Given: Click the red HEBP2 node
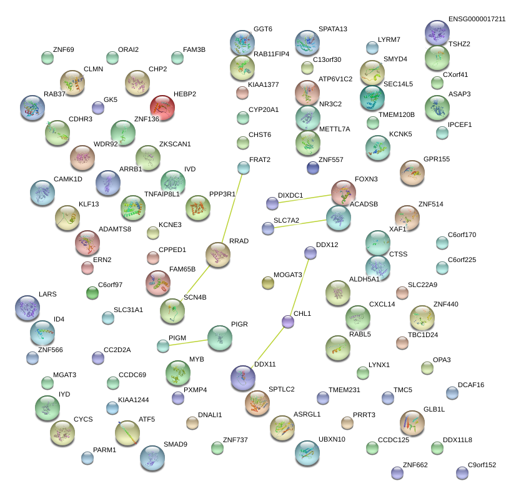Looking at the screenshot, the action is [162, 107].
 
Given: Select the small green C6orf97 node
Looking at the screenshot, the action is [92, 292].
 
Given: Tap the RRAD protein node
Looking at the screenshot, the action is [218, 256].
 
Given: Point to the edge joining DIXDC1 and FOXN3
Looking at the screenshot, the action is [306, 198].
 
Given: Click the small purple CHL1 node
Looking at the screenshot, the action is [288, 321].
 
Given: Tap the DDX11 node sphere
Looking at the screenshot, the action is [242, 377].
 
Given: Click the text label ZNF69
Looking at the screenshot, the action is [64, 49].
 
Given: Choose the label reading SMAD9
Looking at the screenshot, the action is [176, 444].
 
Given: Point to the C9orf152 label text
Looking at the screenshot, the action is [482, 465].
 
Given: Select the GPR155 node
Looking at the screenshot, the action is [412, 172].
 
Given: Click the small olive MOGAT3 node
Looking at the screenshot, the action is [268, 283].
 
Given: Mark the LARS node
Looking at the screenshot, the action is [27, 307].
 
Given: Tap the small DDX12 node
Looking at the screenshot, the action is [310, 253].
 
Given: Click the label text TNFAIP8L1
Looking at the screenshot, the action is [162, 194].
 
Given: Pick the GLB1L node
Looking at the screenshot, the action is [412, 422].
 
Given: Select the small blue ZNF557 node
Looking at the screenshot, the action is [313, 167].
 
